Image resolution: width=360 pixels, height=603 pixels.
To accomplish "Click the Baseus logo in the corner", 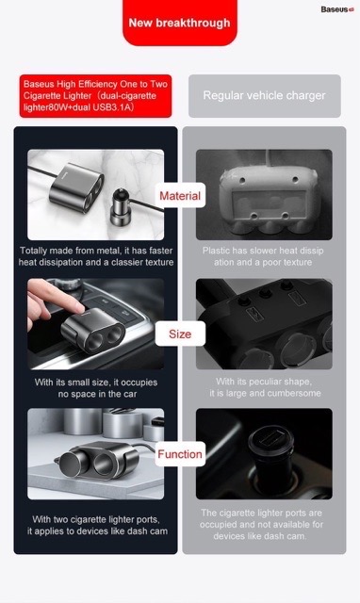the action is (337, 9).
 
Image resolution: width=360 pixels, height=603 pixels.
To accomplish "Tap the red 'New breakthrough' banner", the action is (180, 23).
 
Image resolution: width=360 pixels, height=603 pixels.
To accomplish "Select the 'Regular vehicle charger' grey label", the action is (264, 96).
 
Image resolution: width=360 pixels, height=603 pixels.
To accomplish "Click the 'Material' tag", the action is (180, 196).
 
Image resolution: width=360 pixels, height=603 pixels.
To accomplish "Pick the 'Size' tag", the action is (180, 334).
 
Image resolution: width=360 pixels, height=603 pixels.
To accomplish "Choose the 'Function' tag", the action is (180, 454).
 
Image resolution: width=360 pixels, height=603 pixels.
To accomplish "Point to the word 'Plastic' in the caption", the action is (216, 251).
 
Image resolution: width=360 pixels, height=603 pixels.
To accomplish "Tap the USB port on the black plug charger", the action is (270, 437).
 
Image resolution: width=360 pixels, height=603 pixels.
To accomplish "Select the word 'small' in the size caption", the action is (78, 383).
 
